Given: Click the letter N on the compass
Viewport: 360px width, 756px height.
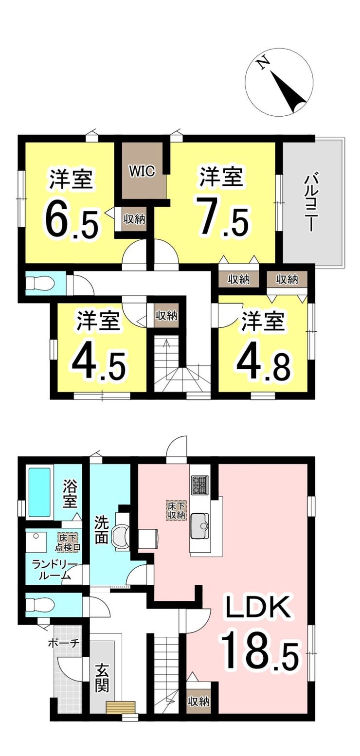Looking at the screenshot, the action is [262, 63].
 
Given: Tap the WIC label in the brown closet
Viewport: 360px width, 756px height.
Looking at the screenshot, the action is [143, 171].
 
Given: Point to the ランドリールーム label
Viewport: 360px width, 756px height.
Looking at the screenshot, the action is [54, 570].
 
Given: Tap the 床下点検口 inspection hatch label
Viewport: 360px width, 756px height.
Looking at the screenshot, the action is [68, 543].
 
